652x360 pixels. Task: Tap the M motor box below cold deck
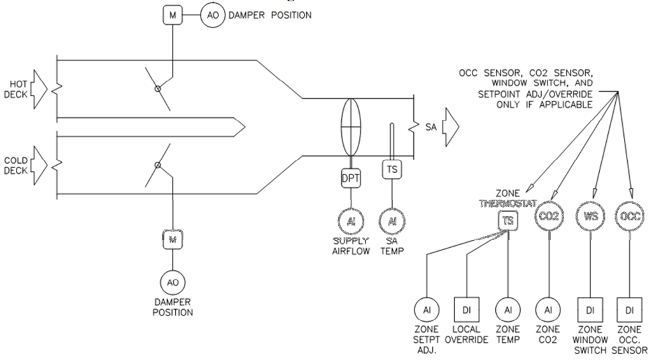(171, 240)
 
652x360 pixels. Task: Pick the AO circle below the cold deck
(171, 280)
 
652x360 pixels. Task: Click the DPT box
(350, 180)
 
